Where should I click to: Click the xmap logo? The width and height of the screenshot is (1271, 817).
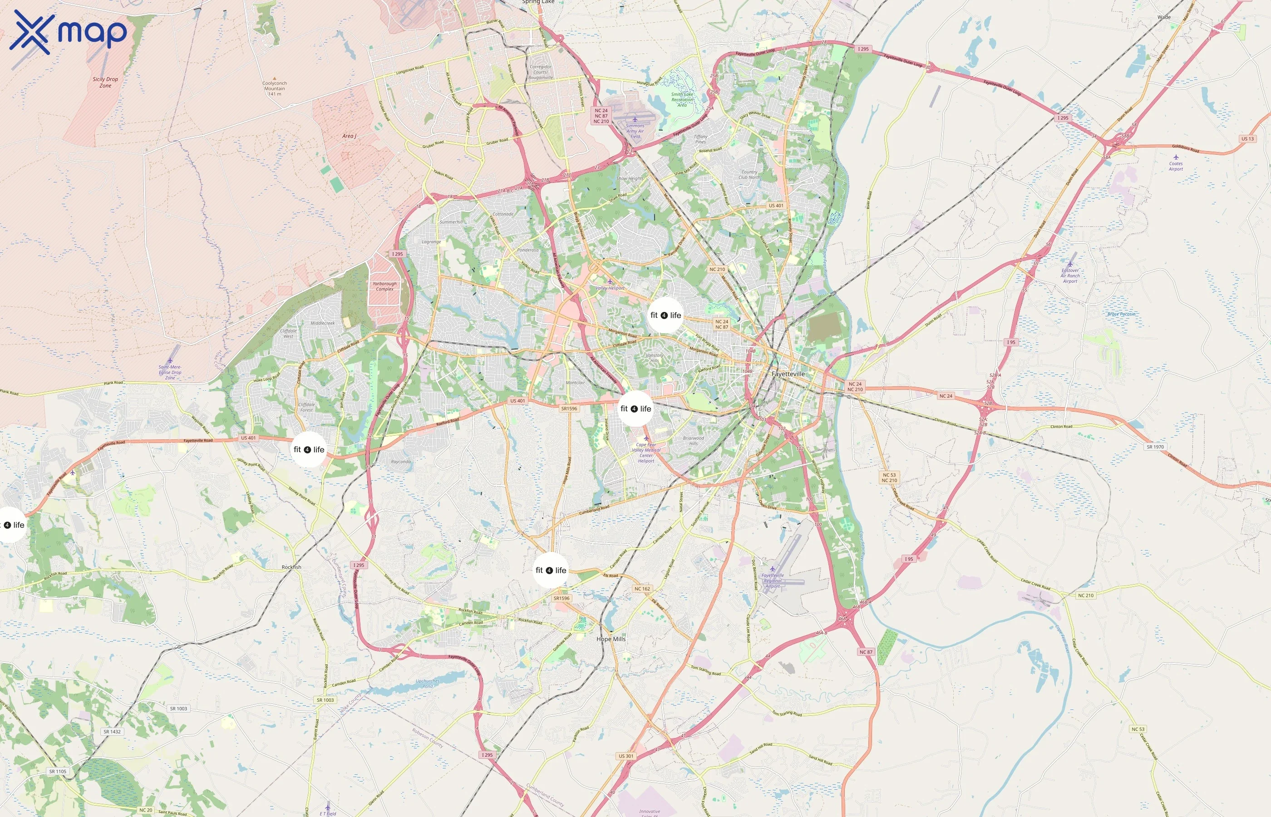click(x=68, y=32)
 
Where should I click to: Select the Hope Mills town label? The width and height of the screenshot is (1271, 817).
click(x=611, y=639)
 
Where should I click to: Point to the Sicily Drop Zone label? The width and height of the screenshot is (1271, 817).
click(x=105, y=82)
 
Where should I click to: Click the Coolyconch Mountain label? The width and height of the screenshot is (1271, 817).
click(x=274, y=88)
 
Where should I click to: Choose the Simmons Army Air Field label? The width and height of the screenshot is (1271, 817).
click(x=635, y=131)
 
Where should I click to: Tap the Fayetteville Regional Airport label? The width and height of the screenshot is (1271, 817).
click(x=773, y=581)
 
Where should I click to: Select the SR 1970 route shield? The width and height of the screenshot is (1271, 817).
click(x=1155, y=447)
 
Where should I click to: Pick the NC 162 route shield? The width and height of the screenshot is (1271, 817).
click(x=642, y=588)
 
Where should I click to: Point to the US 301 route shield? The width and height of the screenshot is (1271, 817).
click(x=626, y=756)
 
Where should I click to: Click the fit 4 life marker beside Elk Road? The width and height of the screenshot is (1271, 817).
click(x=551, y=570)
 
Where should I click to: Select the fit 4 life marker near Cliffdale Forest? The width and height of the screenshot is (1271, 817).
click(x=309, y=450)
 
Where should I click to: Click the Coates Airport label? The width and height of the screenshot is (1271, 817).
click(x=1176, y=166)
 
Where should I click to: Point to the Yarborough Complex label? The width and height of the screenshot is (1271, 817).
click(x=384, y=286)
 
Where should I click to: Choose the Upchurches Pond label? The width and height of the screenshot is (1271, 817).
click(x=427, y=683)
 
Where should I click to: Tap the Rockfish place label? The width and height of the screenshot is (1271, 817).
click(x=291, y=567)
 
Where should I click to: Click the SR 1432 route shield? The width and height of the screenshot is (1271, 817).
click(x=112, y=732)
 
